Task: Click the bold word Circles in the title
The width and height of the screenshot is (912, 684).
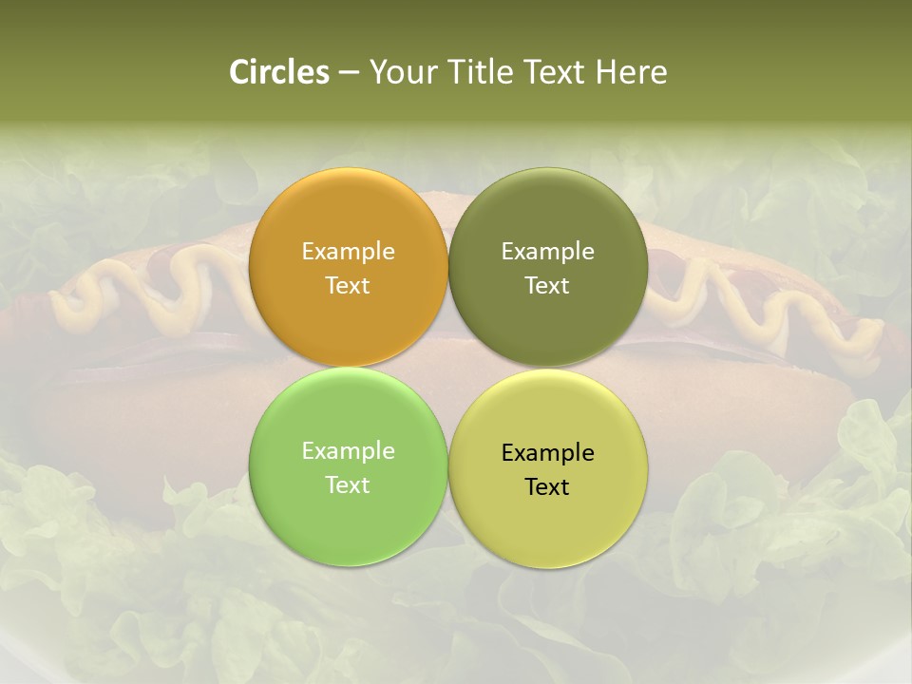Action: (x=279, y=72)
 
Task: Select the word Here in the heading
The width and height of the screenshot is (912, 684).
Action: (x=631, y=72)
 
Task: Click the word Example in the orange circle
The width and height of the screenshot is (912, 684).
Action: (x=348, y=251)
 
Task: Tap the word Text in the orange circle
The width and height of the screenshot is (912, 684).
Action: (x=348, y=285)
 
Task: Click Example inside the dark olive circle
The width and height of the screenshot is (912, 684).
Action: (x=548, y=251)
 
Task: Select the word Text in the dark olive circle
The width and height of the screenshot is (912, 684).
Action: (x=548, y=285)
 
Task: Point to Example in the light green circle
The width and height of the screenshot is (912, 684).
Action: (x=348, y=451)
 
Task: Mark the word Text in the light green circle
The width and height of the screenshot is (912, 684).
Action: (x=348, y=484)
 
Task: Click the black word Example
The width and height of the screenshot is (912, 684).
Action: (x=548, y=453)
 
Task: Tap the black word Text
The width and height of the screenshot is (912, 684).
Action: (x=548, y=487)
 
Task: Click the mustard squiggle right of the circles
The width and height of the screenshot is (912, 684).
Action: (x=760, y=304)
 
